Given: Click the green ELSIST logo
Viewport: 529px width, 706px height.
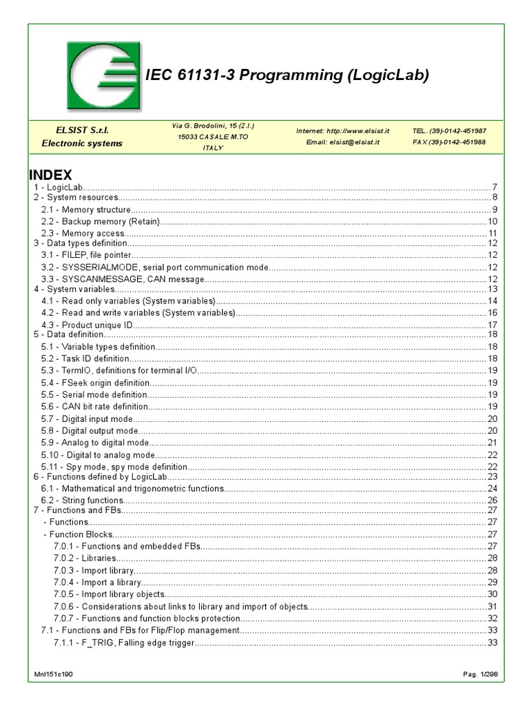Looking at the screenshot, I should coord(103,76).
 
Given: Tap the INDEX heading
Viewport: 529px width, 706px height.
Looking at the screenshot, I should coord(50,175).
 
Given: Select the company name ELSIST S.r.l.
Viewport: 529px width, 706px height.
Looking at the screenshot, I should coord(82,130).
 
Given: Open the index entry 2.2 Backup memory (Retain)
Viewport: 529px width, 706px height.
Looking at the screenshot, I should coord(101,221).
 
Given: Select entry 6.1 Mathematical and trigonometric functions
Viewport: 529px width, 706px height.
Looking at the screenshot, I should coord(133,489).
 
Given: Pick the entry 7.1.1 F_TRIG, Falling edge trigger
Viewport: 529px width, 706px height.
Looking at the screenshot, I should coord(124,643).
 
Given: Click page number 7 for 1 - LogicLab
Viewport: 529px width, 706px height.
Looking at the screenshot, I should coord(495,188).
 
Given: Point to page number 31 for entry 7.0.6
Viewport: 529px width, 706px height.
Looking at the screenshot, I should coord(492,607).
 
